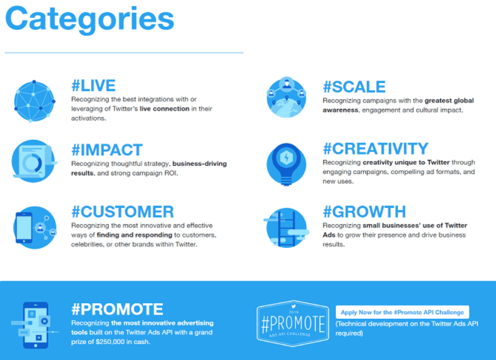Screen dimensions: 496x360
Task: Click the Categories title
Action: coord(90,19)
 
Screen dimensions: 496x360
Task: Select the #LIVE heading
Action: coord(94,86)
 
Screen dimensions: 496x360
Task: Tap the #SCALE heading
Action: coord(354,87)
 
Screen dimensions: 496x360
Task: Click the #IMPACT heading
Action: coord(107,150)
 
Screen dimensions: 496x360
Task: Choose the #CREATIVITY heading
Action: coord(376,148)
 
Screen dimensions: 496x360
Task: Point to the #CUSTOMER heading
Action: coord(123,212)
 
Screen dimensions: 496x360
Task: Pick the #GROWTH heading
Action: coord(364,212)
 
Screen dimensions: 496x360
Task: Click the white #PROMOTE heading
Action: coord(117,309)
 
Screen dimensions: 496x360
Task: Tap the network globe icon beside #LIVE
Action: coord(34,101)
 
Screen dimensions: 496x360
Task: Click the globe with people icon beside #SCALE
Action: coord(286,97)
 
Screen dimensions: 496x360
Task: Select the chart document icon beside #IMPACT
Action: coord(34,161)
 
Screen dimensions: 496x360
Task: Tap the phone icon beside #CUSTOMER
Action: coord(35,227)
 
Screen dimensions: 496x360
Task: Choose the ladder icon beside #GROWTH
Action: coord(286,227)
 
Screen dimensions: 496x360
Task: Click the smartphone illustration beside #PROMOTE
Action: coord(35,325)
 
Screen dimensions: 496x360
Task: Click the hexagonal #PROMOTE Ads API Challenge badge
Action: coord(293,323)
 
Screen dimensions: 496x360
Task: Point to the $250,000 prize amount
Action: coord(110,342)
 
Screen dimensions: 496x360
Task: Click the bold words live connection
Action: coord(164,109)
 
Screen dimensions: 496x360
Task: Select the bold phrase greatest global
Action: coord(449,101)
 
